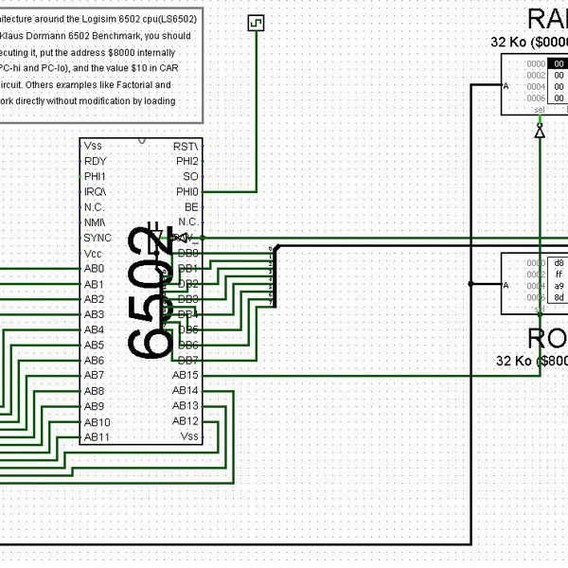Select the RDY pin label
[95, 161]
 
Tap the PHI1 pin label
[96, 176]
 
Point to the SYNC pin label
[98, 238]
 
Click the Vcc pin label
[93, 254]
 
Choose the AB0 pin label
[94, 269]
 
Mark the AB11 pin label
[97, 437]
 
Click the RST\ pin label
[186, 146]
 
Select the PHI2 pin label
[186, 161]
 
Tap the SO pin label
[191, 176]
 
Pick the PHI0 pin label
[186, 192]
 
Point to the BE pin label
[191, 207]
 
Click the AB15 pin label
[186, 376]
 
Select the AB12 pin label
[186, 421]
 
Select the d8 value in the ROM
[559, 262]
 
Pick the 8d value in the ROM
[559, 297]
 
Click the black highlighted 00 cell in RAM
[559, 63]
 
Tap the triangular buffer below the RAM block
[540, 133]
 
